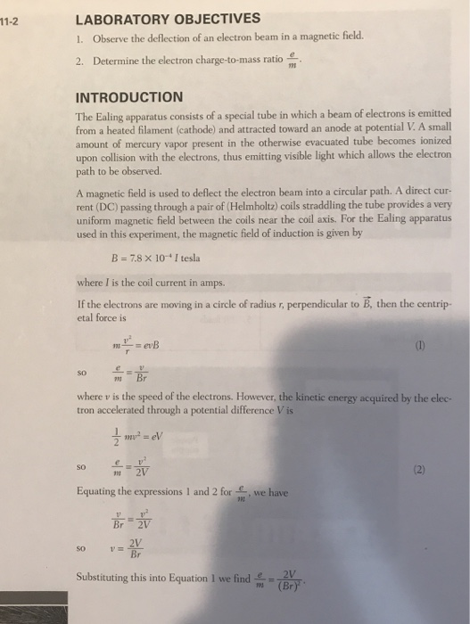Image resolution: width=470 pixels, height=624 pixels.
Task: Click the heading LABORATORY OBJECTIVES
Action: coord(169,18)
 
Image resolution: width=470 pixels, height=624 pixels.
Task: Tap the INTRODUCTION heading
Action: coord(130,96)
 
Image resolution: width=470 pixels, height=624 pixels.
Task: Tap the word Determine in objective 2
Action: coord(117,62)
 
